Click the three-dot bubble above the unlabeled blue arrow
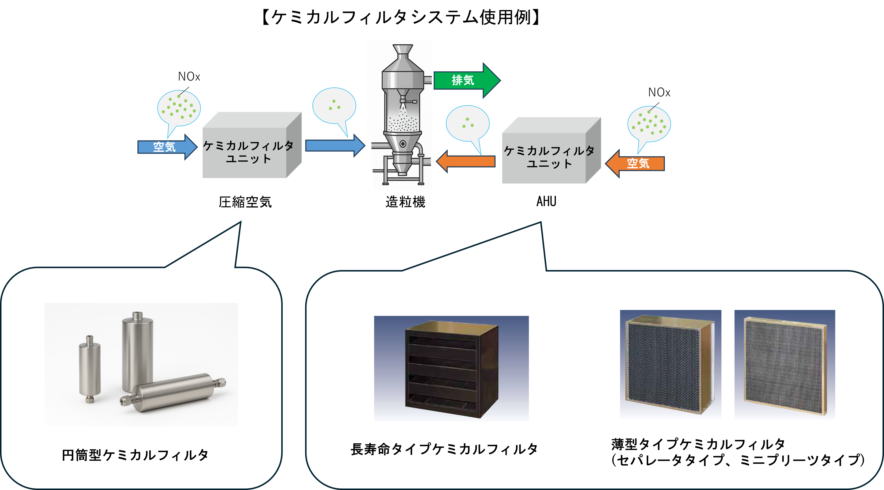(x=334, y=105)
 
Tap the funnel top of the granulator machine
(x=403, y=50)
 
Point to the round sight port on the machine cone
(x=403, y=143)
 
